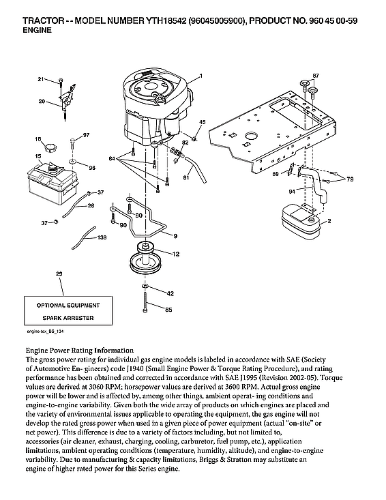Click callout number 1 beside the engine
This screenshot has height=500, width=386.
tap(201, 73)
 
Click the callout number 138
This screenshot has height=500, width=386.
tap(102, 237)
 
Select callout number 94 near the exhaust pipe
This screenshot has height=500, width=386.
tap(292, 192)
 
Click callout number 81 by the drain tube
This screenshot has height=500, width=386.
tap(185, 178)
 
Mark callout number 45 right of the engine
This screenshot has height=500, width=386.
tap(202, 121)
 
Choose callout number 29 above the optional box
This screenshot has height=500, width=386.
tap(59, 274)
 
